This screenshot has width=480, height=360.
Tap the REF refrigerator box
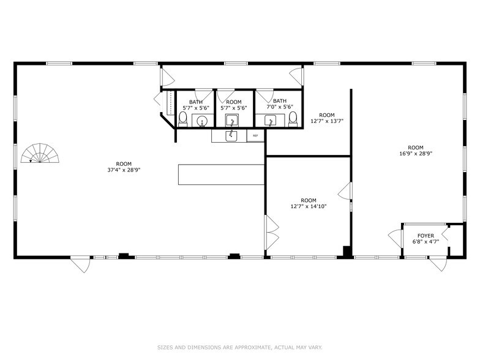click(255, 136)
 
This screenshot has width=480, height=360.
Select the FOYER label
click(426, 236)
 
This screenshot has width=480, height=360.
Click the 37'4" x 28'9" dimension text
click(124, 171)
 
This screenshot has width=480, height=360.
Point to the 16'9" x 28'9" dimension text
click(416, 154)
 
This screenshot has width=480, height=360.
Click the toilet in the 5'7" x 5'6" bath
click(183, 118)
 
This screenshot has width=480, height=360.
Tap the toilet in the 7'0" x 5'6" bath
click(293, 118)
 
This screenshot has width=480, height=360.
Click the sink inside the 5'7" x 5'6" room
click(232, 119)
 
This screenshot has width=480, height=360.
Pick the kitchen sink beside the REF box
click(232, 135)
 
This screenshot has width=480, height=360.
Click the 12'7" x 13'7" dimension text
click(327, 121)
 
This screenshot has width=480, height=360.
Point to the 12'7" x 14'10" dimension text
click(309, 207)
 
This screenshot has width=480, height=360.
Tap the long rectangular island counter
click(221, 174)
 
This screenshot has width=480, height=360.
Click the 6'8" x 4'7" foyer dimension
click(426, 243)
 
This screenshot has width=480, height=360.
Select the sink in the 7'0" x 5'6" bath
click(271, 120)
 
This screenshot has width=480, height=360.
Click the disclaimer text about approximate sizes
click(239, 348)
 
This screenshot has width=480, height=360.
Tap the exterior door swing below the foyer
click(437, 264)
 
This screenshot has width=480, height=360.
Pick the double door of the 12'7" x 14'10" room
click(272, 232)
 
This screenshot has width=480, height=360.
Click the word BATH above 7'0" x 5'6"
click(280, 101)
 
